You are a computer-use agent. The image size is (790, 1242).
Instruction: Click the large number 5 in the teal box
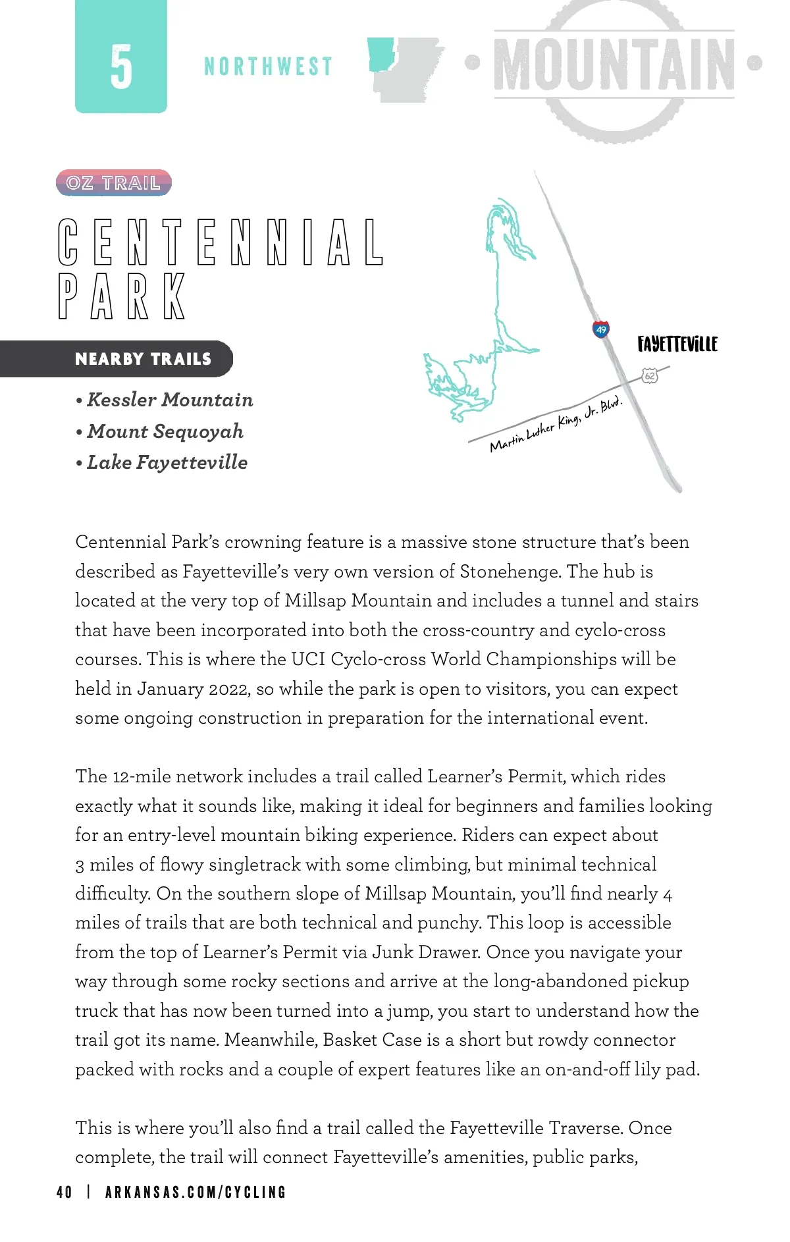tap(121, 67)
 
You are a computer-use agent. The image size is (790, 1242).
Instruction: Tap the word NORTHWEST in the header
tap(268, 67)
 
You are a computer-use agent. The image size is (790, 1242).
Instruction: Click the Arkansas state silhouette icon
tap(405, 68)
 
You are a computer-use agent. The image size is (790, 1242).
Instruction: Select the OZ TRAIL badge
tap(114, 183)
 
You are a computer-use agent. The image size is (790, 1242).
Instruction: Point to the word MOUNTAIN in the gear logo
tap(614, 65)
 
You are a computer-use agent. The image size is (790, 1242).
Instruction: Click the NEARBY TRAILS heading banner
tap(143, 359)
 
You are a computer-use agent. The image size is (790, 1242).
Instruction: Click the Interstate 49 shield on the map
tap(600, 329)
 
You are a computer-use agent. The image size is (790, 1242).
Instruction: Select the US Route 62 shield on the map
tap(650, 376)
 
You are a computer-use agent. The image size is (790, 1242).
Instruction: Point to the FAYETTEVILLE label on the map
tap(677, 344)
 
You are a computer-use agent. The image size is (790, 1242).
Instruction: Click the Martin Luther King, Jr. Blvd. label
tap(556, 423)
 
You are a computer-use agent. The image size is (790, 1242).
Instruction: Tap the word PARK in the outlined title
tap(122, 296)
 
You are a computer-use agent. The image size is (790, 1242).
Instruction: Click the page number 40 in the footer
tap(65, 1192)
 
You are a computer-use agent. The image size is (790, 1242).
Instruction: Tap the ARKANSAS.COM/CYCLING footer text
tap(196, 1192)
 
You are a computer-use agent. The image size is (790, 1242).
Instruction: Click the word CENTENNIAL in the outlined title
tap(221, 242)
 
